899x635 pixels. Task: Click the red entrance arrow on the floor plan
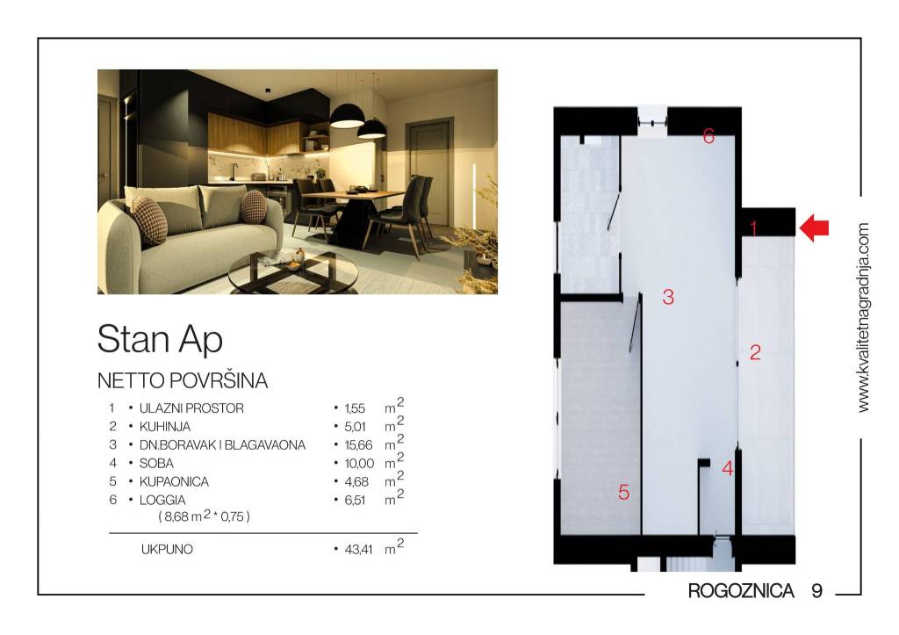coord(814,228)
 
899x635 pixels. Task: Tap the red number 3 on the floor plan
coord(668,297)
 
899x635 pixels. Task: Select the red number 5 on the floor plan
coord(623,493)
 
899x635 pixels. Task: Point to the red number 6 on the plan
coord(708,136)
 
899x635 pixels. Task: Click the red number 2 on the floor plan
coord(754,353)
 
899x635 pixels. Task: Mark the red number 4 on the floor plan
coord(727,469)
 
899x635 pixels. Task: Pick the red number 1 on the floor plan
coord(752,228)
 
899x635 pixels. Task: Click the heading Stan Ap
coord(160,339)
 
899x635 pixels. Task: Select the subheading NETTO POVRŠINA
coord(182,381)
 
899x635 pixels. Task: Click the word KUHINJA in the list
coord(165,427)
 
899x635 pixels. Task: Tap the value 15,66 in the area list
coord(355,445)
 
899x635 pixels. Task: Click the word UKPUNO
coord(166,551)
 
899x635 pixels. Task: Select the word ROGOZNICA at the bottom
coord(741,590)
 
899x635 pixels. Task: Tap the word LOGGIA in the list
coord(162,501)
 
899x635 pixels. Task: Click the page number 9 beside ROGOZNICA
coord(816,590)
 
